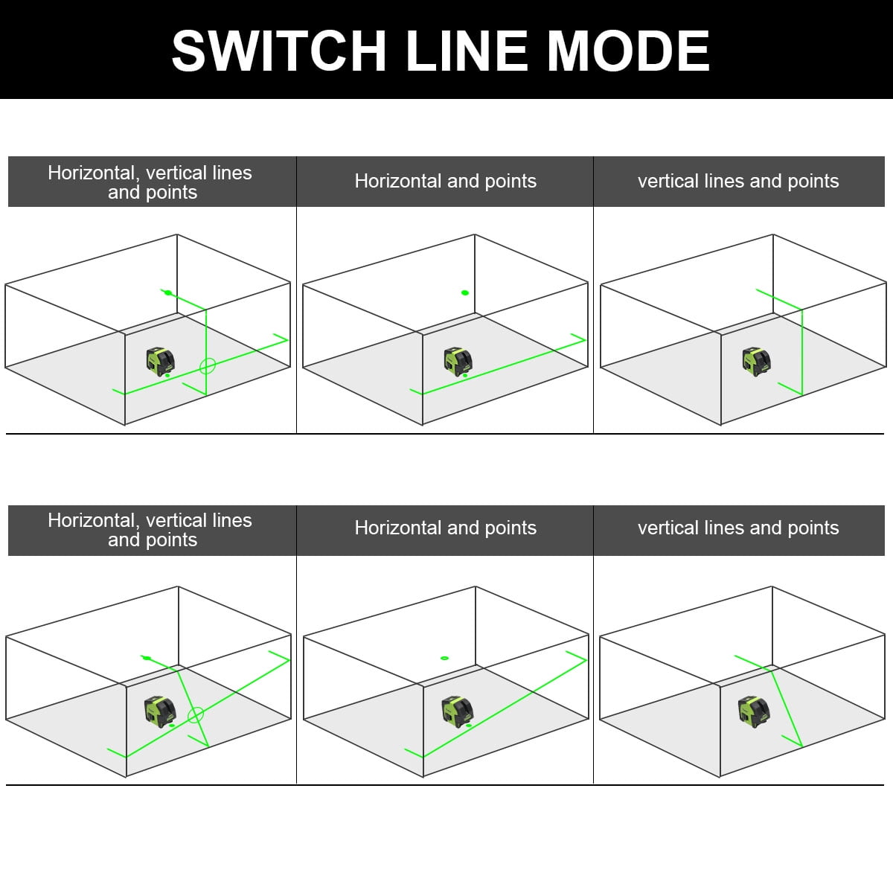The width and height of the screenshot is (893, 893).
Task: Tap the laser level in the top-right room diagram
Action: click(755, 361)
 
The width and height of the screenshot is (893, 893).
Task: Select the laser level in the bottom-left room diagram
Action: click(159, 710)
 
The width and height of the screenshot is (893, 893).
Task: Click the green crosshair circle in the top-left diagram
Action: click(208, 365)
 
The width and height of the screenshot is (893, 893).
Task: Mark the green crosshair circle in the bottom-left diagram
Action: click(196, 715)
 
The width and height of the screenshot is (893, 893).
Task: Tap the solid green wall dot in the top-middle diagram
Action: click(465, 292)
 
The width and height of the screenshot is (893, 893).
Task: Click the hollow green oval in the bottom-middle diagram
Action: click(444, 658)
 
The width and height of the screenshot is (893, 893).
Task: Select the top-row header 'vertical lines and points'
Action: click(738, 181)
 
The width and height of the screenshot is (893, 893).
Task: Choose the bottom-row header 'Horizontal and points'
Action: click(445, 528)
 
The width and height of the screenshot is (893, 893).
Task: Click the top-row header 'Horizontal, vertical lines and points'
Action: click(151, 182)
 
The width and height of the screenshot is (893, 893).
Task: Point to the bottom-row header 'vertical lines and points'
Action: click(738, 528)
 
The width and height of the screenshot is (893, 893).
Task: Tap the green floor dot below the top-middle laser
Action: click(465, 376)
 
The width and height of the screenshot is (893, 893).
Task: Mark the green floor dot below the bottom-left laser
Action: click(172, 725)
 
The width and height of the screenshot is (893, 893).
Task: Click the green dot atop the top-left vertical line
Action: click(168, 292)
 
